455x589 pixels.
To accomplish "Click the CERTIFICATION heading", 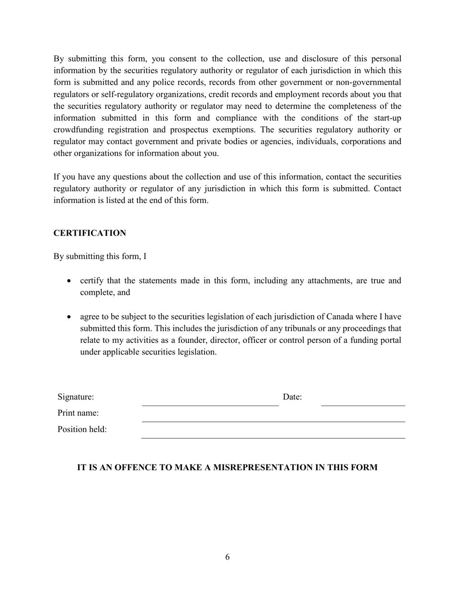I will pyautogui.click(x=90, y=233).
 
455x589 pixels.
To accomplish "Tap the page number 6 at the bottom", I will pyautogui.click(x=227, y=557).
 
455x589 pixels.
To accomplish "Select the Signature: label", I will pyautogui.click(x=76, y=397).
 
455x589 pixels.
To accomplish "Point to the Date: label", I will pyautogui.click(x=292, y=397).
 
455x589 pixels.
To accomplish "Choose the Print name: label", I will pyautogui.click(x=78, y=413).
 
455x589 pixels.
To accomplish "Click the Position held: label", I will pyautogui.click(x=82, y=430).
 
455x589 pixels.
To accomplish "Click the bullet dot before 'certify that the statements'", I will pyautogui.click(x=70, y=281).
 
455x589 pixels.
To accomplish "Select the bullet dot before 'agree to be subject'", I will pyautogui.click(x=70, y=317).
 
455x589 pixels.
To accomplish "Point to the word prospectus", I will pyautogui.click(x=201, y=130).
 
